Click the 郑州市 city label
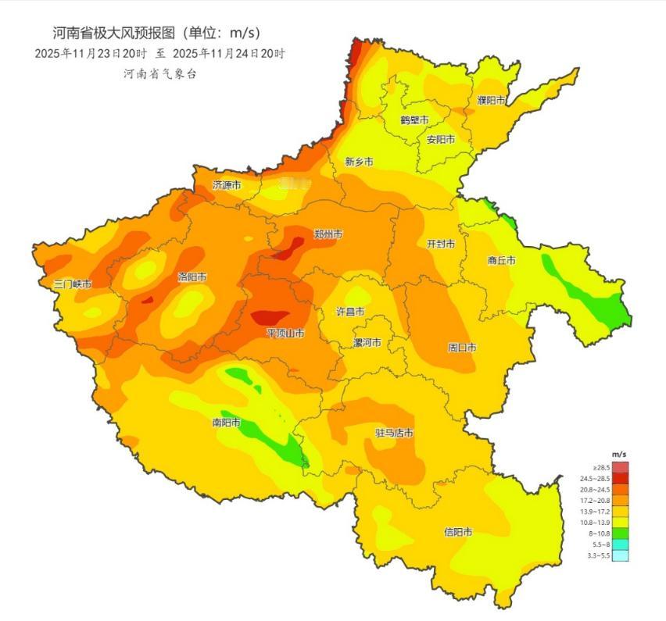328,234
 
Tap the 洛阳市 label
192,277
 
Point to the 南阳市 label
227,423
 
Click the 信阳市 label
458,532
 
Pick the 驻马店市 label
394,434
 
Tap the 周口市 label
462,347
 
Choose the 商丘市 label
501,261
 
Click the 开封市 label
441,244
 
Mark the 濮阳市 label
491,100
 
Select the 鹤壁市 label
414,120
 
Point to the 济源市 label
227,185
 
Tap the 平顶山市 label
285,334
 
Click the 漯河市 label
367,343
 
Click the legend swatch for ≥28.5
620,466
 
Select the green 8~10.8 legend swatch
620,533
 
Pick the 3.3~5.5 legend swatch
620,555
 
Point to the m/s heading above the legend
618,454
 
